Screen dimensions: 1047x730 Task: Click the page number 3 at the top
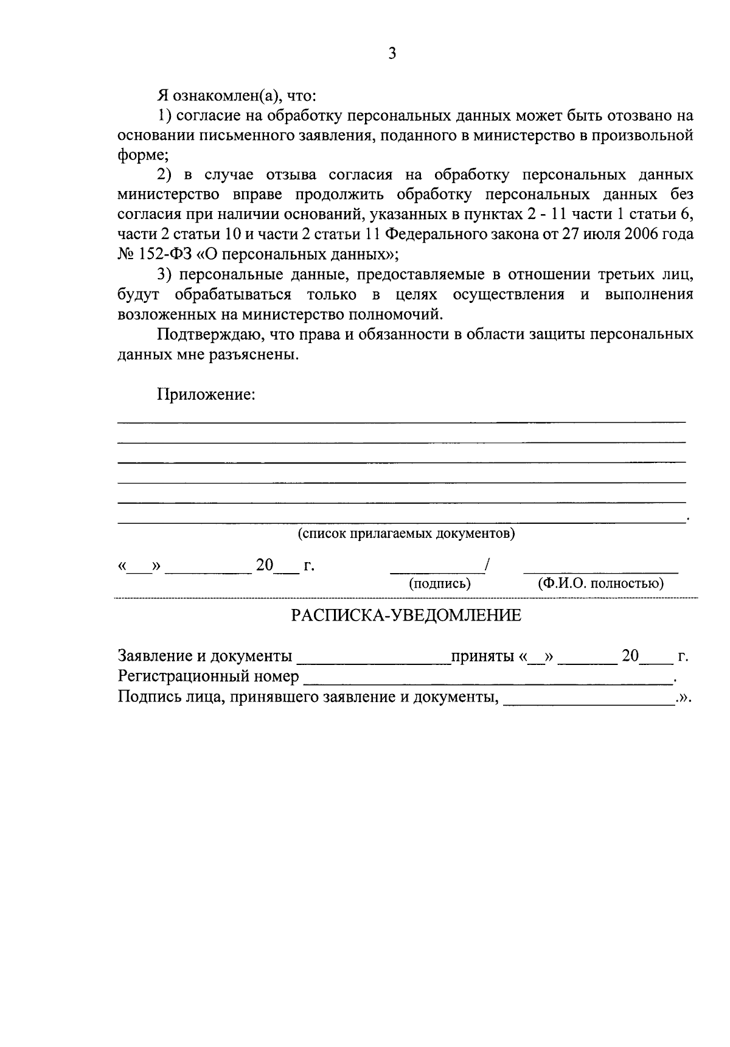(392, 54)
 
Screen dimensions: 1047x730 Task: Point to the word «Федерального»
(431, 234)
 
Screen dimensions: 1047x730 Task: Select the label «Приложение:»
(206, 394)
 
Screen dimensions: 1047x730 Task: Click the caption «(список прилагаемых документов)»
(406, 534)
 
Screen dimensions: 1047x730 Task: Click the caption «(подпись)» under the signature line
(440, 584)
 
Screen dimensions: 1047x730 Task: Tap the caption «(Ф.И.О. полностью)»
(600, 584)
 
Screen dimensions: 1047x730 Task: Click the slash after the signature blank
(487, 565)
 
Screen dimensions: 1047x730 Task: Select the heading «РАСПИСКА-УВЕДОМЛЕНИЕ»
(406, 616)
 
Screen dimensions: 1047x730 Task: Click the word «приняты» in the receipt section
(481, 656)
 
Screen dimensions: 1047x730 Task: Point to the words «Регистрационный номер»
(208, 677)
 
